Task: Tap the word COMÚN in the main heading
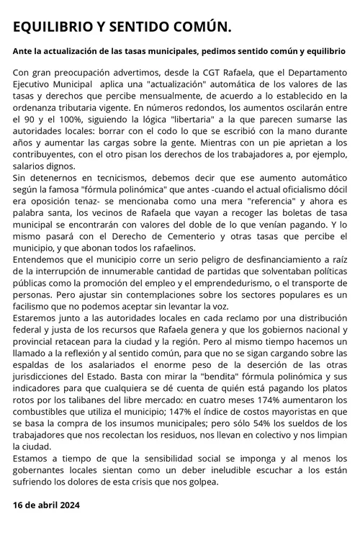coord(202,27)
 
